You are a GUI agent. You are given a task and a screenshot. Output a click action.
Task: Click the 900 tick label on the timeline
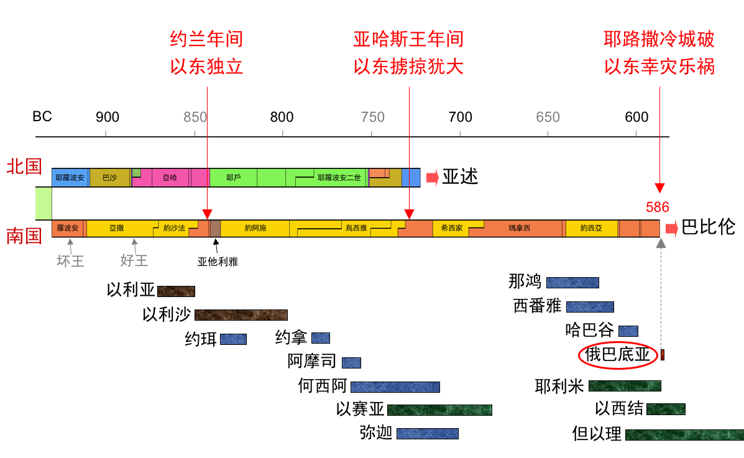pos(107,117)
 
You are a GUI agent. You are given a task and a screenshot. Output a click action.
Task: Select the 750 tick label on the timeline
pos(373,117)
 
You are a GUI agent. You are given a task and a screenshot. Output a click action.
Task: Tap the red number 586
pos(658,208)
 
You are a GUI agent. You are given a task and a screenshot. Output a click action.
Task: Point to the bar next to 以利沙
pos(241,315)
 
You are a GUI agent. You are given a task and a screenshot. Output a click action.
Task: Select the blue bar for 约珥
pos(233,339)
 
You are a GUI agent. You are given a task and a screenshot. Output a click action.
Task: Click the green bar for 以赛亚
pos(439,410)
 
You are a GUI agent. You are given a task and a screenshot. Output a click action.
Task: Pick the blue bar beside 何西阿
pos(395,387)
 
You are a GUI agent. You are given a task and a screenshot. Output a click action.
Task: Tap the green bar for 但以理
pos(684,434)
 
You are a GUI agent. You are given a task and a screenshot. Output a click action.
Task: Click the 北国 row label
pos(24,167)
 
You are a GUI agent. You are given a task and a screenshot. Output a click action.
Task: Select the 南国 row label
pos(24,237)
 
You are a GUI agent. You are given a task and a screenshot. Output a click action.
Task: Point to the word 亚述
pos(460,177)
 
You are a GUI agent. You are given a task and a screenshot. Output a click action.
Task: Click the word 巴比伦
pos(708,227)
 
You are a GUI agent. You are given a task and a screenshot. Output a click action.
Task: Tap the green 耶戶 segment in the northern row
pos(233,177)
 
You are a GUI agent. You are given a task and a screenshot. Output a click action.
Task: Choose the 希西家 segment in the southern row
pos(451,228)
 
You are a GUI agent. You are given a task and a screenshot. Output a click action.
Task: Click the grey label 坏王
pos(70,261)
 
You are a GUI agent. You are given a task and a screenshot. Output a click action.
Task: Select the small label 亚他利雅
pos(218,262)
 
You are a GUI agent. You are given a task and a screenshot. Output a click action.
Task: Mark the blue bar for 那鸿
pos(572,283)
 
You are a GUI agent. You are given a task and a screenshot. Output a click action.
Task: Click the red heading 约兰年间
pos(206,40)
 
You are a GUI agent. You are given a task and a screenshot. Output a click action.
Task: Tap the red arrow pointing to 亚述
pos(431,178)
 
